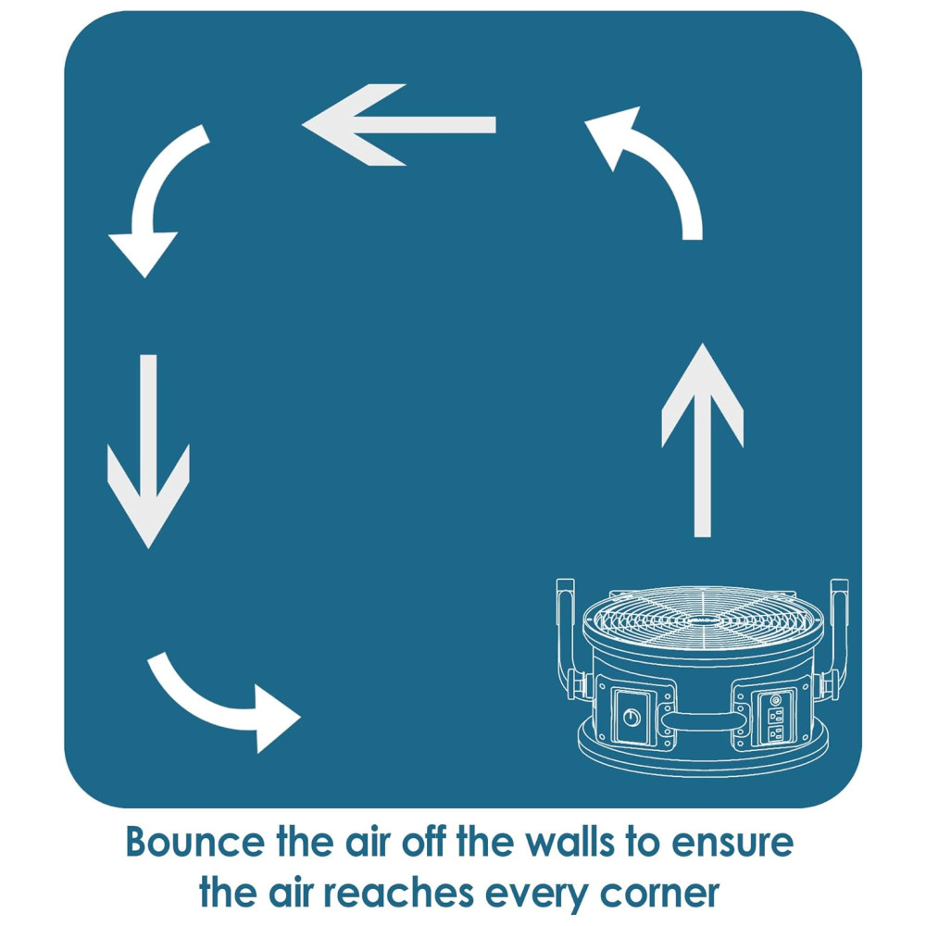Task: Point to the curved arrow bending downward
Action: tap(157, 199)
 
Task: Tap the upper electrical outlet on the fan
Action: tap(776, 713)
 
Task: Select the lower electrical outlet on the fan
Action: tap(776, 733)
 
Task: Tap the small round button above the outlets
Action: tap(776, 696)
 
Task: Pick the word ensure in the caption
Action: tap(736, 844)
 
